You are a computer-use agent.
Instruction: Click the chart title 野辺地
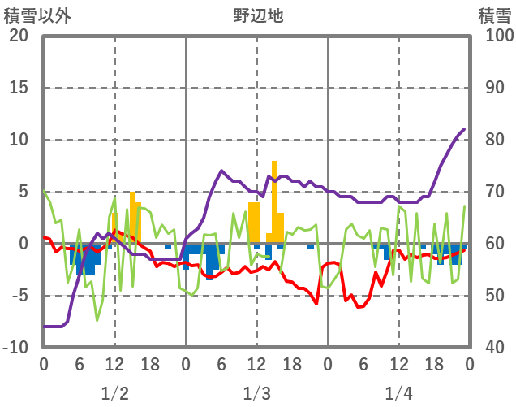[257, 15]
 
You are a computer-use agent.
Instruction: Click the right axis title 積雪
[493, 15]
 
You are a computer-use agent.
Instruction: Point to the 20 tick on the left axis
[18, 36]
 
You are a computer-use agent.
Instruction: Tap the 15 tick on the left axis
[18, 88]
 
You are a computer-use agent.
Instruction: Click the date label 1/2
[114, 394]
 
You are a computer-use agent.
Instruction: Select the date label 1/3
[256, 394]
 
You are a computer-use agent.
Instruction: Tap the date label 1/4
[398, 394]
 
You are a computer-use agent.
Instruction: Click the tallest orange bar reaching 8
[274, 203]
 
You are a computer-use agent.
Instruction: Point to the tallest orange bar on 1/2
[132, 218]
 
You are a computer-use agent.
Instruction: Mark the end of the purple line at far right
[464, 129]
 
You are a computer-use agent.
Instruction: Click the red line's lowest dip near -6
[359, 306]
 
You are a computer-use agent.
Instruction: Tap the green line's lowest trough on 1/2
[97, 320]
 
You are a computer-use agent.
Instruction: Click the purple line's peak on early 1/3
[221, 171]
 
